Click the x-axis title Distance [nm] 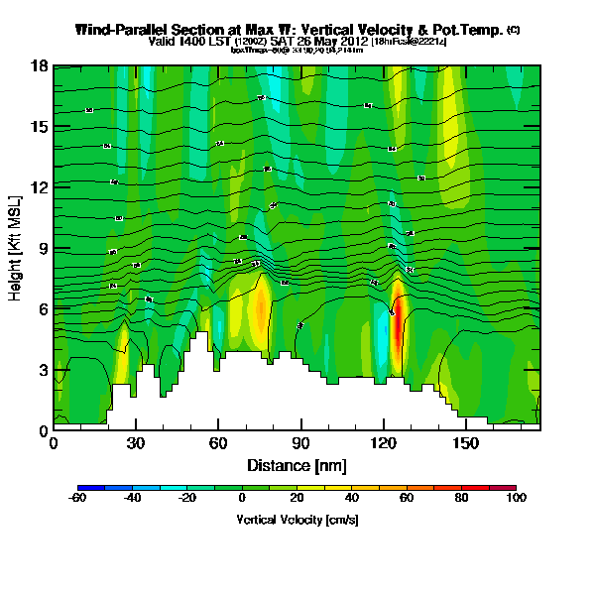297,464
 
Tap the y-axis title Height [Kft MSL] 16,249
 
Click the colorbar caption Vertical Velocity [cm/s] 297,520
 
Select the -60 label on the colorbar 77,500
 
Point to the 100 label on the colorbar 516,500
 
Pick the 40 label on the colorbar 352,500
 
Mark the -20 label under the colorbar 186,500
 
